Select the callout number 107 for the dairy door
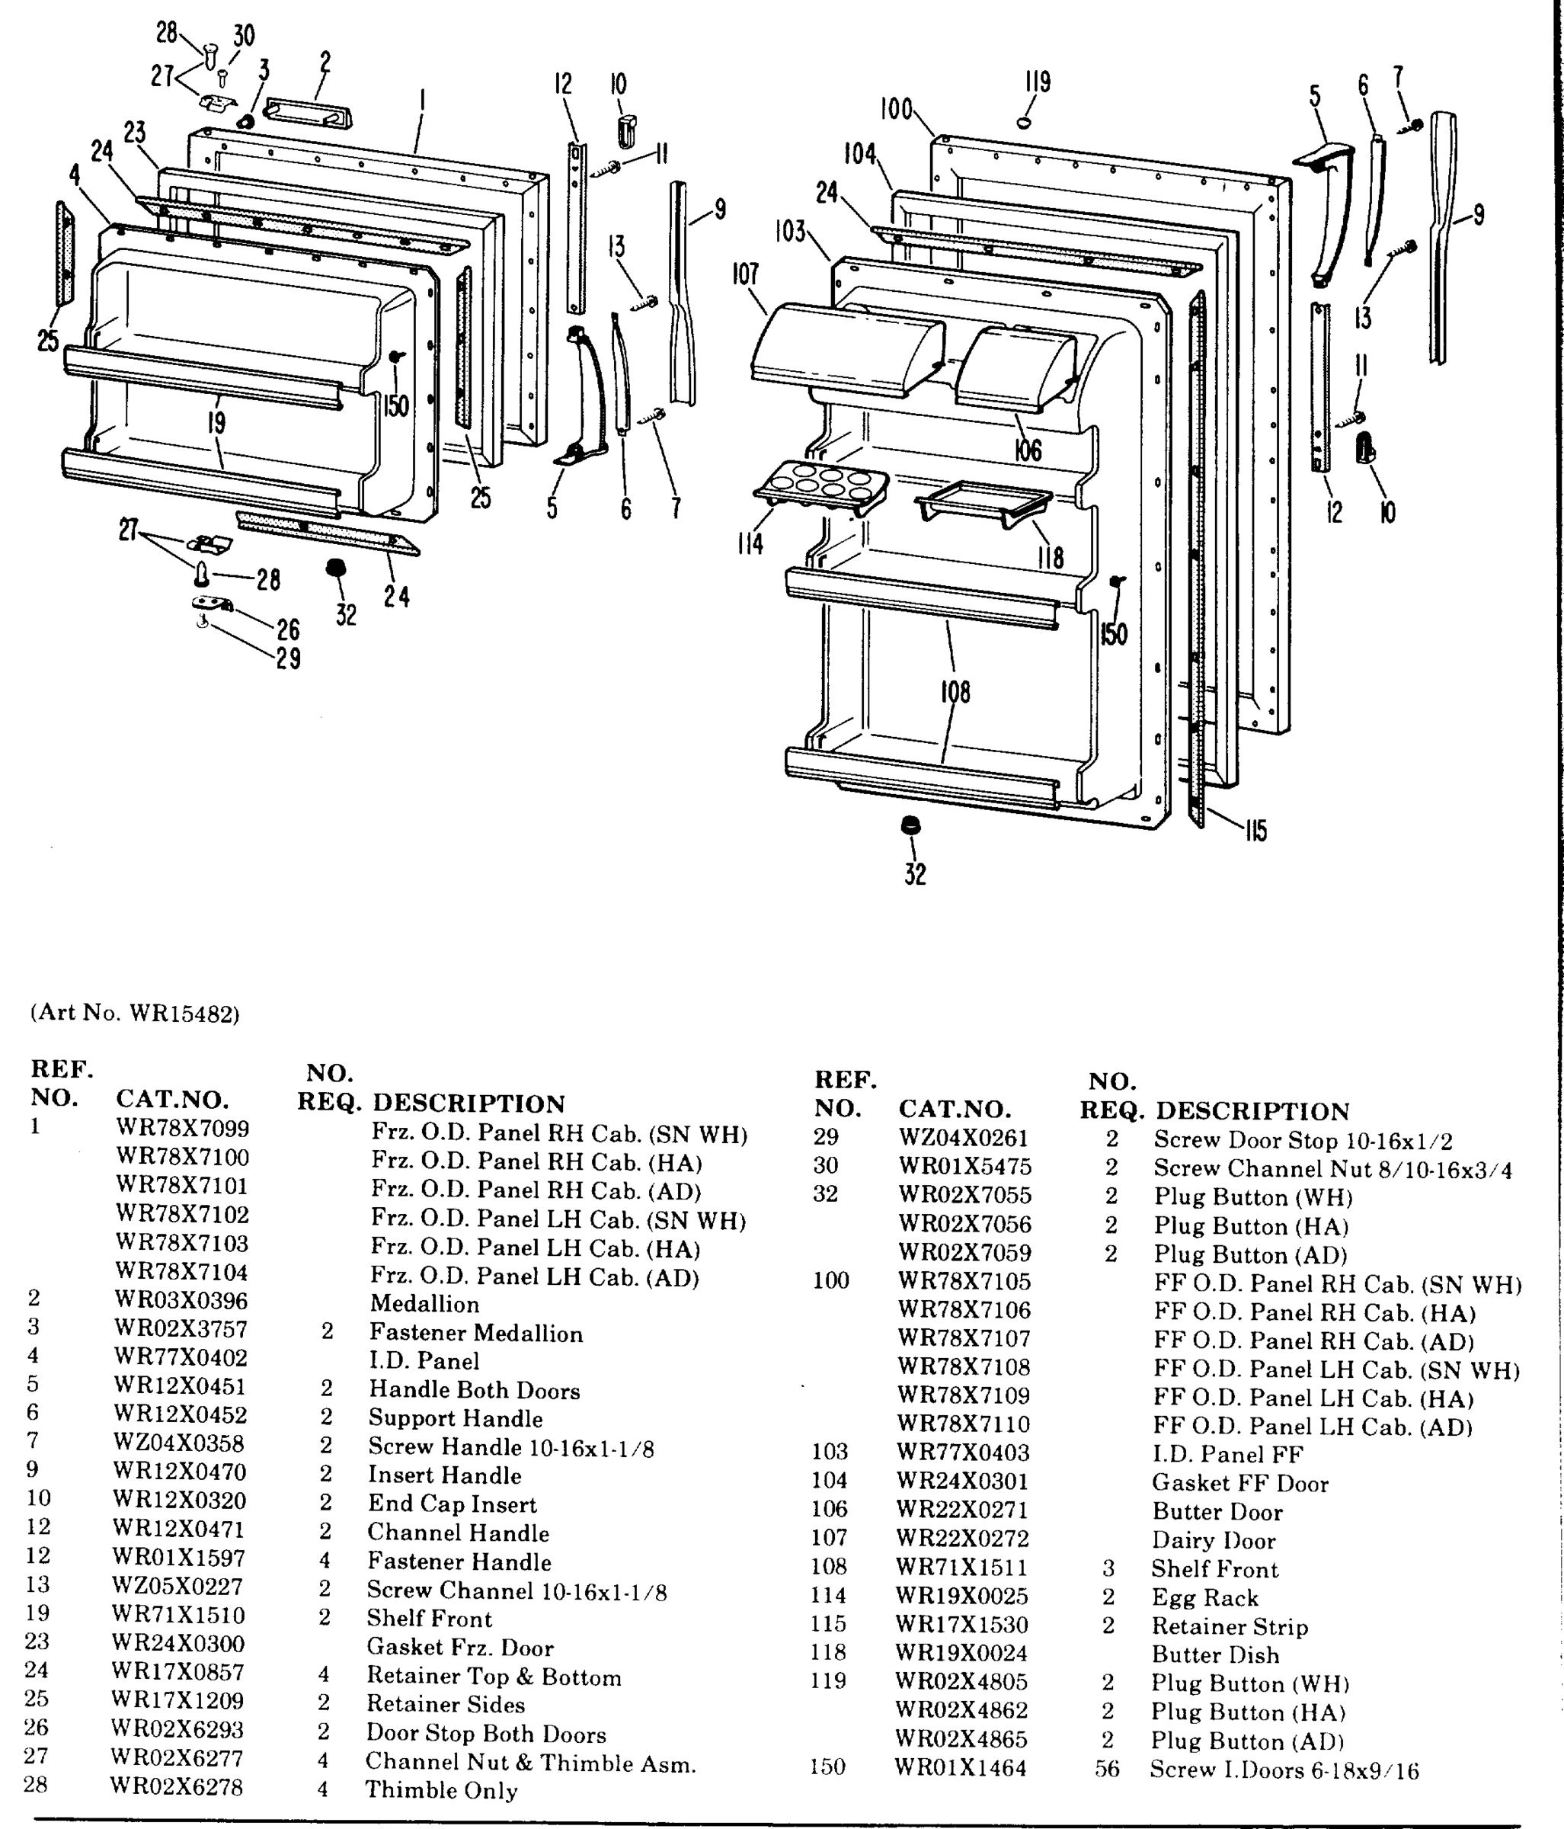745,274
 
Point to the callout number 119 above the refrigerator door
1037,82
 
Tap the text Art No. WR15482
135,1013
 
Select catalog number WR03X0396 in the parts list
181,1300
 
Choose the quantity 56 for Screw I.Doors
1107,1769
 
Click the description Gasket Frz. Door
460,1647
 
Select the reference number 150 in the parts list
827,1767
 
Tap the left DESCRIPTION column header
469,1103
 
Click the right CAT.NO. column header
955,1109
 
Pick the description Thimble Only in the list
441,1790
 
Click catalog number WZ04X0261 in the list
964,1139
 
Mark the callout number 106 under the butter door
1028,450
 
